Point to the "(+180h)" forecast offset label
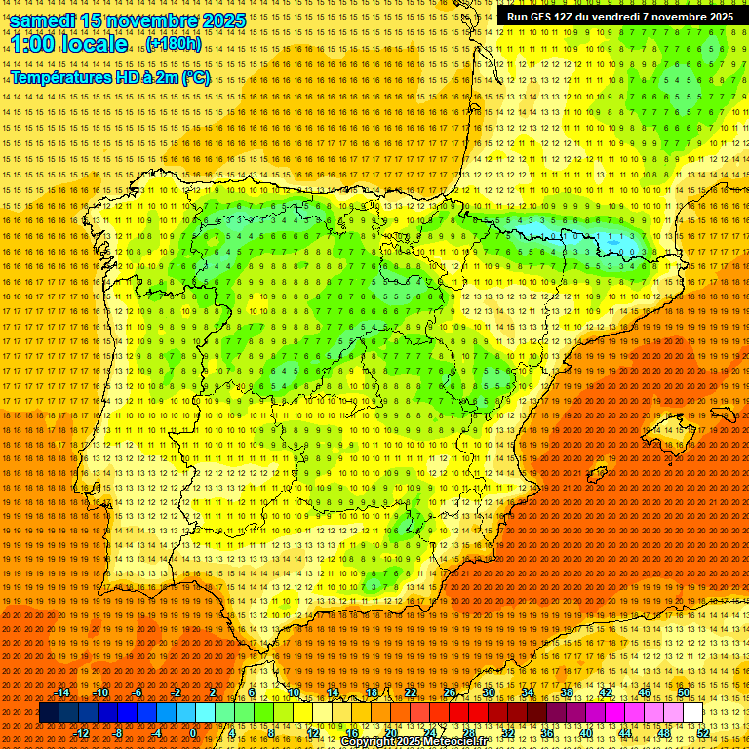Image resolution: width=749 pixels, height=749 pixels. (175, 44)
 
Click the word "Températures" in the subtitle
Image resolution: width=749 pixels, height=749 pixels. (63, 77)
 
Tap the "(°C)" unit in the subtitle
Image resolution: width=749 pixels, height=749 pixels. (193, 77)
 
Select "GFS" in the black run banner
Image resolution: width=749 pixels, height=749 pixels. (546, 17)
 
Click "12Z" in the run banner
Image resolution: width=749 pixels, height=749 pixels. (573, 17)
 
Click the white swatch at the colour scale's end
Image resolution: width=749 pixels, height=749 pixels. (692, 713)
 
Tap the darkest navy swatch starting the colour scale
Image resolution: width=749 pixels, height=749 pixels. (49, 713)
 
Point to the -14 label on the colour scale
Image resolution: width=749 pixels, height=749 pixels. (62, 692)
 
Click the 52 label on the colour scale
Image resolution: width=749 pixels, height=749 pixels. (703, 733)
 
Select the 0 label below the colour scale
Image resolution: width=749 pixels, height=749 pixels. (193, 733)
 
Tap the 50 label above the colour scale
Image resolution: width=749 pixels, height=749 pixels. (684, 692)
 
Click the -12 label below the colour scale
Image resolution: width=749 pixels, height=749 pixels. (82, 733)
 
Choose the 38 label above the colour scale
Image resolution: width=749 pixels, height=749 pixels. (567, 692)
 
